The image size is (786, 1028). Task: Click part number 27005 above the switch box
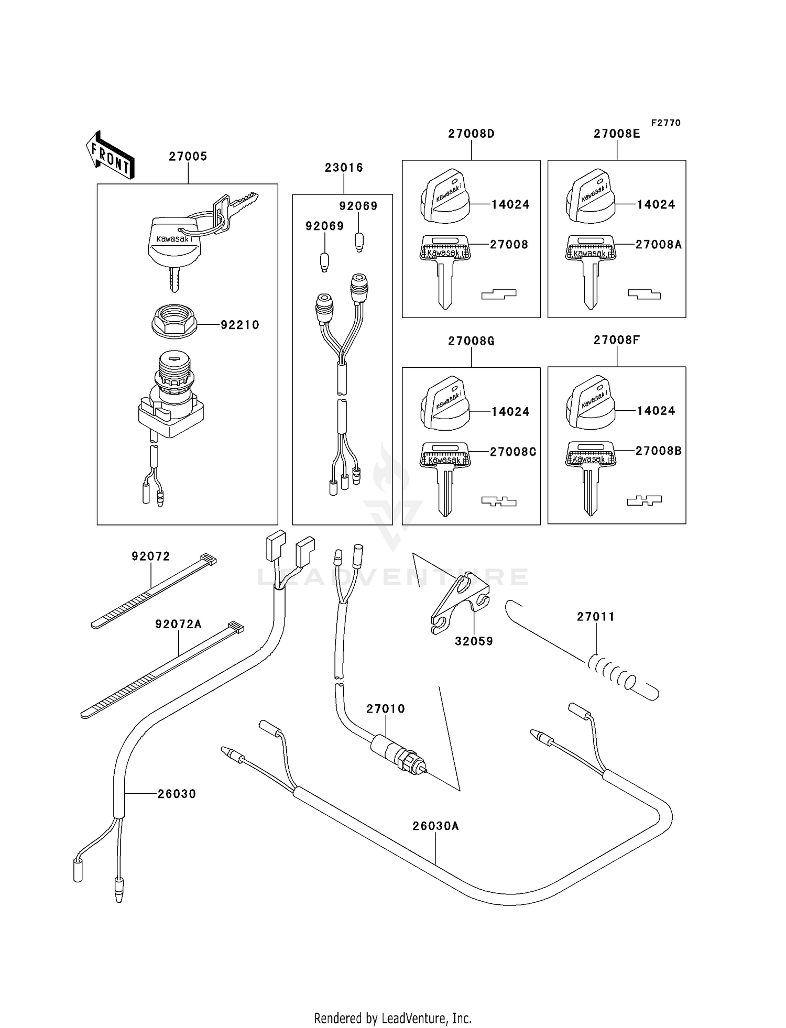point(188,156)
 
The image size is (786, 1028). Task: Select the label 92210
point(240,325)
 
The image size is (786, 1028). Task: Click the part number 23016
point(344,168)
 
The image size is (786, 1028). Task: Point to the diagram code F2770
point(665,123)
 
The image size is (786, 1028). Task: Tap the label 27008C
point(513,452)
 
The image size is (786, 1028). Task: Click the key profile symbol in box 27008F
point(644,500)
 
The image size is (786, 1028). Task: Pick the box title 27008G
point(471,341)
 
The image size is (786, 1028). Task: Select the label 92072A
point(178,624)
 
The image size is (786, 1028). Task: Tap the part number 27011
point(596,617)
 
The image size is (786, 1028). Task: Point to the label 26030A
point(435,826)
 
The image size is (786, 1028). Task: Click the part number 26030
point(177,794)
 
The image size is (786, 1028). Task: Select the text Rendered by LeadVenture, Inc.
point(392,1018)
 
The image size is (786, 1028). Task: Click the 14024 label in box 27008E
point(656,204)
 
